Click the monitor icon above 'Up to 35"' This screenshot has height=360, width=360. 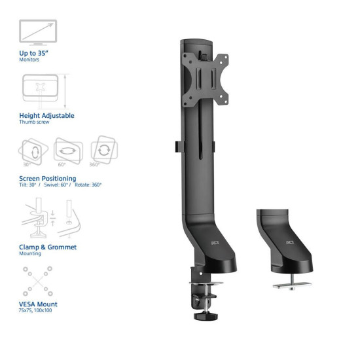[x=38, y=31]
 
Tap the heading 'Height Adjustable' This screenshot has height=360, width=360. [x=46, y=115]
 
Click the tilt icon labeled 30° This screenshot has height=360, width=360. [x=30, y=151]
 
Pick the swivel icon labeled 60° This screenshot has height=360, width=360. [x=67, y=151]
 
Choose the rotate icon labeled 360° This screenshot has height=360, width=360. [x=103, y=150]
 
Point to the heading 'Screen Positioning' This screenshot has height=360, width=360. [x=48, y=178]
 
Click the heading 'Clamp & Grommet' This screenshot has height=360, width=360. [x=48, y=247]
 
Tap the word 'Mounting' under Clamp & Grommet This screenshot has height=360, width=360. [x=31, y=253]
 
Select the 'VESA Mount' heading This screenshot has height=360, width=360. [x=38, y=304]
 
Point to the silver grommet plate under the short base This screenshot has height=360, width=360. [x=290, y=283]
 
